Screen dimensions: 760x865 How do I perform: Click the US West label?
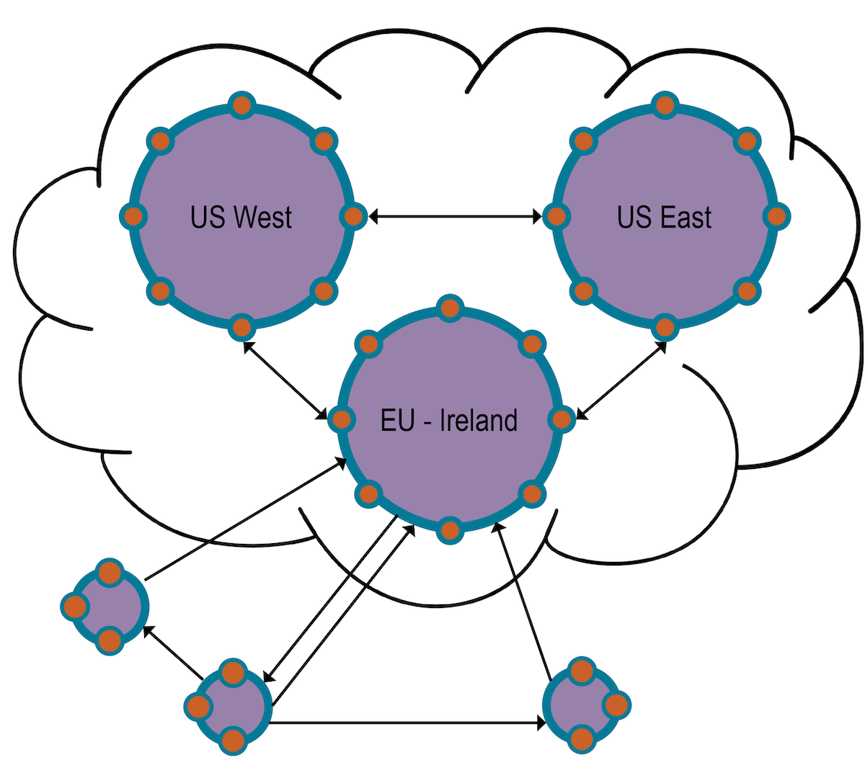tap(241, 217)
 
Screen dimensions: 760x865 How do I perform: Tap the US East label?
tap(664, 217)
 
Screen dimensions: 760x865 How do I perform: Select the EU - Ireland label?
tap(448, 420)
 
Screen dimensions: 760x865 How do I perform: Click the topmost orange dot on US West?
tap(242, 106)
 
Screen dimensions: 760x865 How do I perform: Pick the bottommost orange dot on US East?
tap(665, 328)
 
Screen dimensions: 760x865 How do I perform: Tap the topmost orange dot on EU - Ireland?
tap(450, 308)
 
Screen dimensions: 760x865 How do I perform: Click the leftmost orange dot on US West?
tap(133, 216)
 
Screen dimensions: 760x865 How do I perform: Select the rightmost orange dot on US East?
tap(776, 216)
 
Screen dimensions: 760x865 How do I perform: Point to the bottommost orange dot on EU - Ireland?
tap(450, 531)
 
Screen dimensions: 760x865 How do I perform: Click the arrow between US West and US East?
tap(455, 216)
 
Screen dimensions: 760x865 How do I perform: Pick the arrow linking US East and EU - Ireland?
tap(621, 380)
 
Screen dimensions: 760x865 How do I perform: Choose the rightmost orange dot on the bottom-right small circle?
tap(616, 704)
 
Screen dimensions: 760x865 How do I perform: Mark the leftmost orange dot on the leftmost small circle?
tap(74, 607)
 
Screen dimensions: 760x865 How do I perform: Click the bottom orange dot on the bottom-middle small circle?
tap(232, 740)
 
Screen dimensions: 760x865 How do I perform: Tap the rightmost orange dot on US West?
tap(352, 216)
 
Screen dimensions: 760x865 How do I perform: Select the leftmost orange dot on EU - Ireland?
tap(341, 419)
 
